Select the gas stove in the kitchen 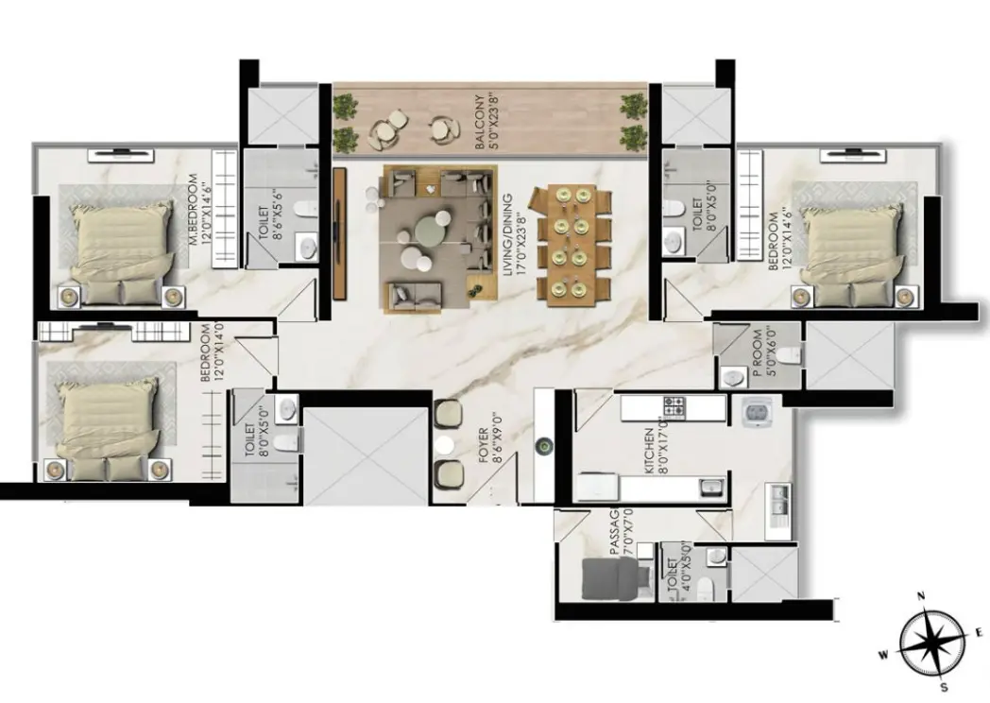(x=674, y=407)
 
